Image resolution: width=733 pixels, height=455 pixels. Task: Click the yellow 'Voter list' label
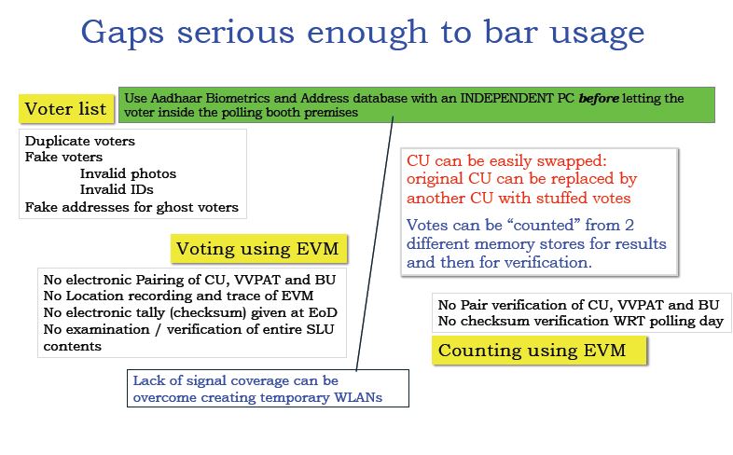(x=66, y=109)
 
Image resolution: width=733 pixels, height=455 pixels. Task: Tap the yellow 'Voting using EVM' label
(x=258, y=249)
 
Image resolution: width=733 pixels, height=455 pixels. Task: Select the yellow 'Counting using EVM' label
(x=539, y=351)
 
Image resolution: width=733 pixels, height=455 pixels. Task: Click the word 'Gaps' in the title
(x=122, y=34)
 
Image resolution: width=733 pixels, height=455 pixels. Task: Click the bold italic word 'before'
(x=599, y=98)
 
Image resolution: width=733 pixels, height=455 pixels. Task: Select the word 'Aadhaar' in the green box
(x=176, y=98)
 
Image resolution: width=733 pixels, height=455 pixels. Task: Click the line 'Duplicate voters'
(x=80, y=141)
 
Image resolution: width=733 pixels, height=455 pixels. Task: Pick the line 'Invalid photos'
(x=128, y=173)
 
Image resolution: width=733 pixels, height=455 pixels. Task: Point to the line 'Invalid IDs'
(x=117, y=189)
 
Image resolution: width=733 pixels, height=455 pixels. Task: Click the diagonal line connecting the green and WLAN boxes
(x=375, y=244)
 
